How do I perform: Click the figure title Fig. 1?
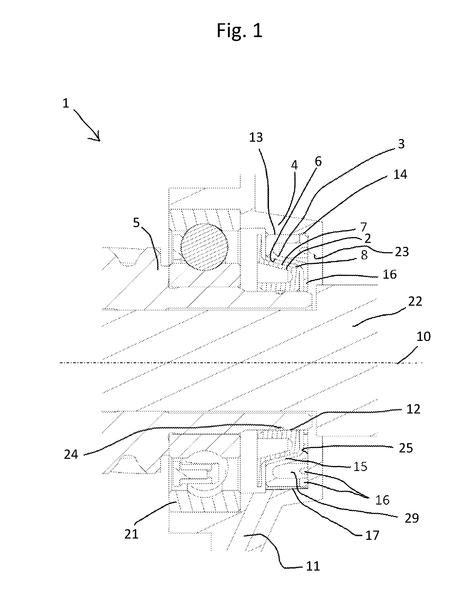click(x=240, y=31)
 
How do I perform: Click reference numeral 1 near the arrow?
click(x=66, y=103)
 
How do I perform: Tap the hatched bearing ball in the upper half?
click(x=204, y=247)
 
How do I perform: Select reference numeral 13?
click(x=256, y=137)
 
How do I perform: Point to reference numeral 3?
click(x=401, y=144)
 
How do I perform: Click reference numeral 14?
click(x=400, y=174)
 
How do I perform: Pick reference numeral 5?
click(x=136, y=223)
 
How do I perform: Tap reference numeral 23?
click(x=402, y=252)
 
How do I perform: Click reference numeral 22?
click(x=415, y=301)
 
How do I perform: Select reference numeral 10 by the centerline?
click(x=424, y=337)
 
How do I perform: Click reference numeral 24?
click(x=71, y=455)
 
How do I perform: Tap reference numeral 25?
click(x=406, y=448)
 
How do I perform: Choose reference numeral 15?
click(x=361, y=467)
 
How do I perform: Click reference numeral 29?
click(x=412, y=518)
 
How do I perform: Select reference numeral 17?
click(x=372, y=535)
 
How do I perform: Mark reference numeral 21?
click(x=131, y=535)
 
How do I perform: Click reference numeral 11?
click(x=313, y=566)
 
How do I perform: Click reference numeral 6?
click(x=318, y=162)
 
